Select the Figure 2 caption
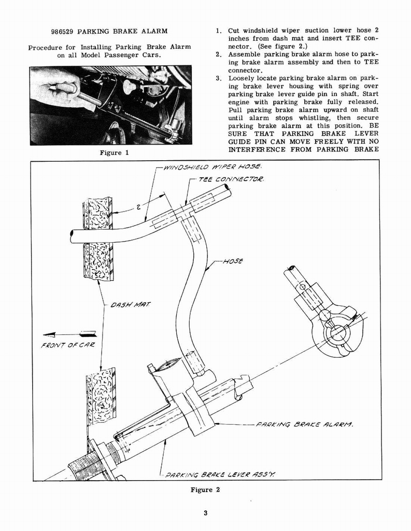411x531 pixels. [205, 490]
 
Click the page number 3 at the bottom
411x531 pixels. [205, 513]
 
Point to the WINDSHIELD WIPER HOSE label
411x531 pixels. [212, 167]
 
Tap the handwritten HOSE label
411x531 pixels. [233, 262]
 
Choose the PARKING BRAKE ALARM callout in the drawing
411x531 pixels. [304, 424]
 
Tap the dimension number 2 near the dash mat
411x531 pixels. [138, 207]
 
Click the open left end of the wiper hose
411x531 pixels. [72, 237]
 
